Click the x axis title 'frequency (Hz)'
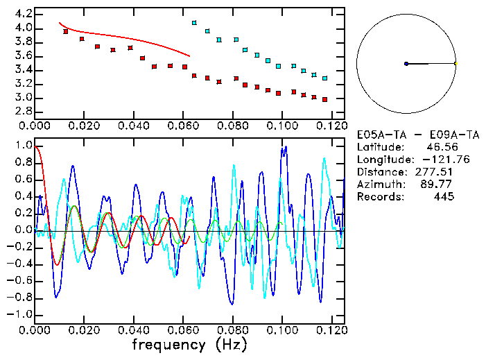point(189,344)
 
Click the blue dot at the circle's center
point(406,64)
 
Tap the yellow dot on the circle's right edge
point(455,64)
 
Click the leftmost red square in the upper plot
point(66,31)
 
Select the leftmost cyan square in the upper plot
point(194,23)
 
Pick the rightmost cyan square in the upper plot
point(324,78)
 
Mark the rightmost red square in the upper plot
point(324,99)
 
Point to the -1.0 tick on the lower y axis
point(21,314)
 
